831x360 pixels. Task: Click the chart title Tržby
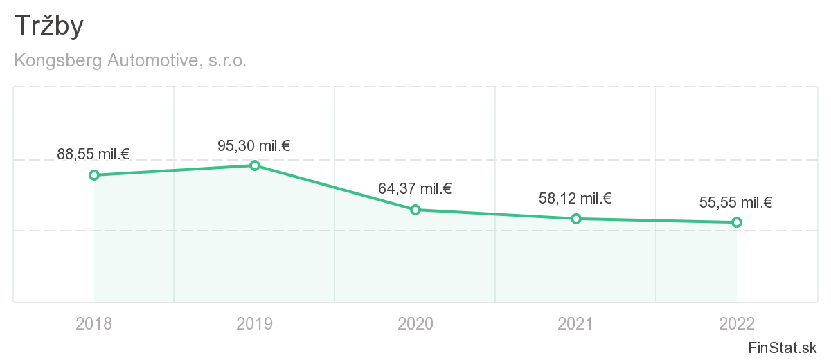[x=48, y=26]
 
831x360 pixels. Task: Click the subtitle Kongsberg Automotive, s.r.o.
[x=130, y=61]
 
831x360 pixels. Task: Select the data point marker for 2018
[x=94, y=175]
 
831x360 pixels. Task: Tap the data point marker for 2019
[x=255, y=165]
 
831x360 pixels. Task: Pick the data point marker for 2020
[x=415, y=210]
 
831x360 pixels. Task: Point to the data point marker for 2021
[x=576, y=219]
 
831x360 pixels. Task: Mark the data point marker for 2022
[x=737, y=222]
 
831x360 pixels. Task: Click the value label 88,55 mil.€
[x=93, y=154]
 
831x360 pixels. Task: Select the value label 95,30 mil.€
[x=253, y=145]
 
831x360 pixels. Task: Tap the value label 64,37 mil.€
[x=415, y=188]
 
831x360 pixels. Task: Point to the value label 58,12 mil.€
[x=575, y=199]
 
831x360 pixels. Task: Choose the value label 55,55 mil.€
[x=736, y=203]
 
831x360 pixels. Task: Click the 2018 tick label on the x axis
[x=94, y=323]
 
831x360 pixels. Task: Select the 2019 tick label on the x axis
[x=255, y=323]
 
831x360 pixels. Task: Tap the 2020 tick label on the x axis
[x=415, y=323]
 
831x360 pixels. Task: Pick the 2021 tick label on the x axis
[x=576, y=323]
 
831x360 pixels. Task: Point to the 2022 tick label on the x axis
[x=737, y=323]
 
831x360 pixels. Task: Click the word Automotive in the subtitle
[x=152, y=61]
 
